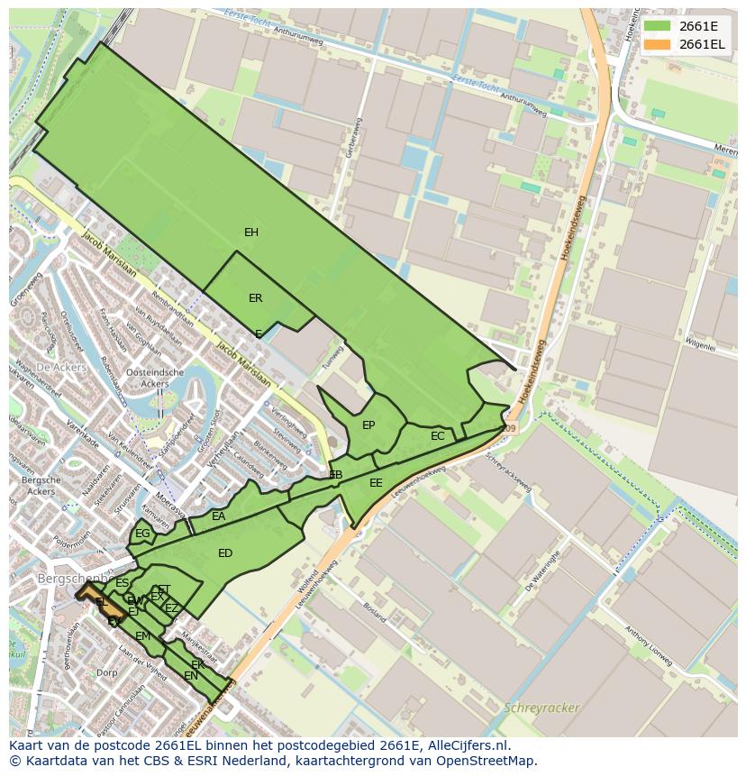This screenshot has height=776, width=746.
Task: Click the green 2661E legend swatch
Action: [x=657, y=26]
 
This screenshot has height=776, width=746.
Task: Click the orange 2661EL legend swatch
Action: [x=657, y=44]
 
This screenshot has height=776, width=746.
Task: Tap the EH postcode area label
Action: [x=251, y=233]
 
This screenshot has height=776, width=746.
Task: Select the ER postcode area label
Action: [x=256, y=298]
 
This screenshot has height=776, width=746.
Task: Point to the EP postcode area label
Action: [x=368, y=425]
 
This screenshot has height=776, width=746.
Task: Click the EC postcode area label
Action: [x=438, y=436]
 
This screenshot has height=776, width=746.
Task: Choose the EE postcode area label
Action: [x=376, y=483]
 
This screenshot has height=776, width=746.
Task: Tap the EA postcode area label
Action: [x=219, y=516]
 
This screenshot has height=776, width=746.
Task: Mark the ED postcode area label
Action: [x=225, y=553]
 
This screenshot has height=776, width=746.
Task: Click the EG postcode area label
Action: [x=142, y=534]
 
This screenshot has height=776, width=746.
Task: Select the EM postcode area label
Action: [x=142, y=636]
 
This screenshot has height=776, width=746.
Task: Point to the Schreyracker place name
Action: [x=542, y=708]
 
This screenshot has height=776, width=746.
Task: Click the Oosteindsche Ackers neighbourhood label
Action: [x=154, y=378]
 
